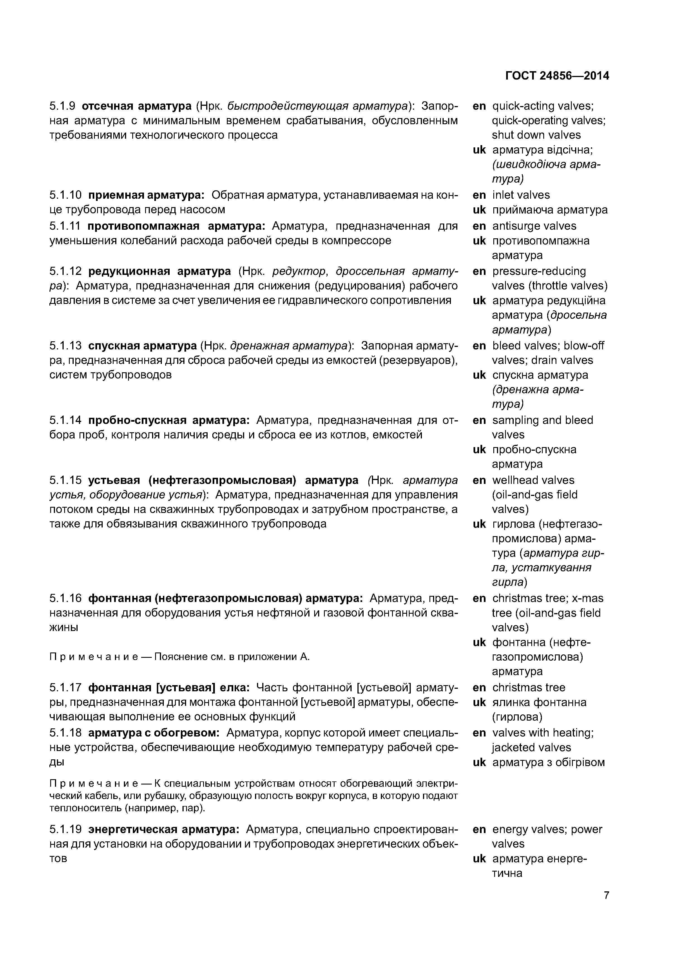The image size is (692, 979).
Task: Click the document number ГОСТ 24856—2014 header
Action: pyautogui.click(x=557, y=76)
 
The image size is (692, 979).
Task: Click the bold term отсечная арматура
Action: pyautogui.click(x=136, y=106)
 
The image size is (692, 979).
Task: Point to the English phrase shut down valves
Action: pyautogui.click(x=536, y=135)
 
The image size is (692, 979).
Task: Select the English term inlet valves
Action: pyautogui.click(x=521, y=195)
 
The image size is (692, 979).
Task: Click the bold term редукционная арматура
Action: pyautogui.click(x=159, y=271)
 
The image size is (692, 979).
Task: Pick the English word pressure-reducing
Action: pyautogui.click(x=539, y=271)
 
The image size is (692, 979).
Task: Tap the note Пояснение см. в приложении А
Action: pyautogui.click(x=232, y=657)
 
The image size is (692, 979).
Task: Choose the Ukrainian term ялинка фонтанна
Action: pyautogui.click(x=539, y=702)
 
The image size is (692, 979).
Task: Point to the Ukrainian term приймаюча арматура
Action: pyautogui.click(x=550, y=210)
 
